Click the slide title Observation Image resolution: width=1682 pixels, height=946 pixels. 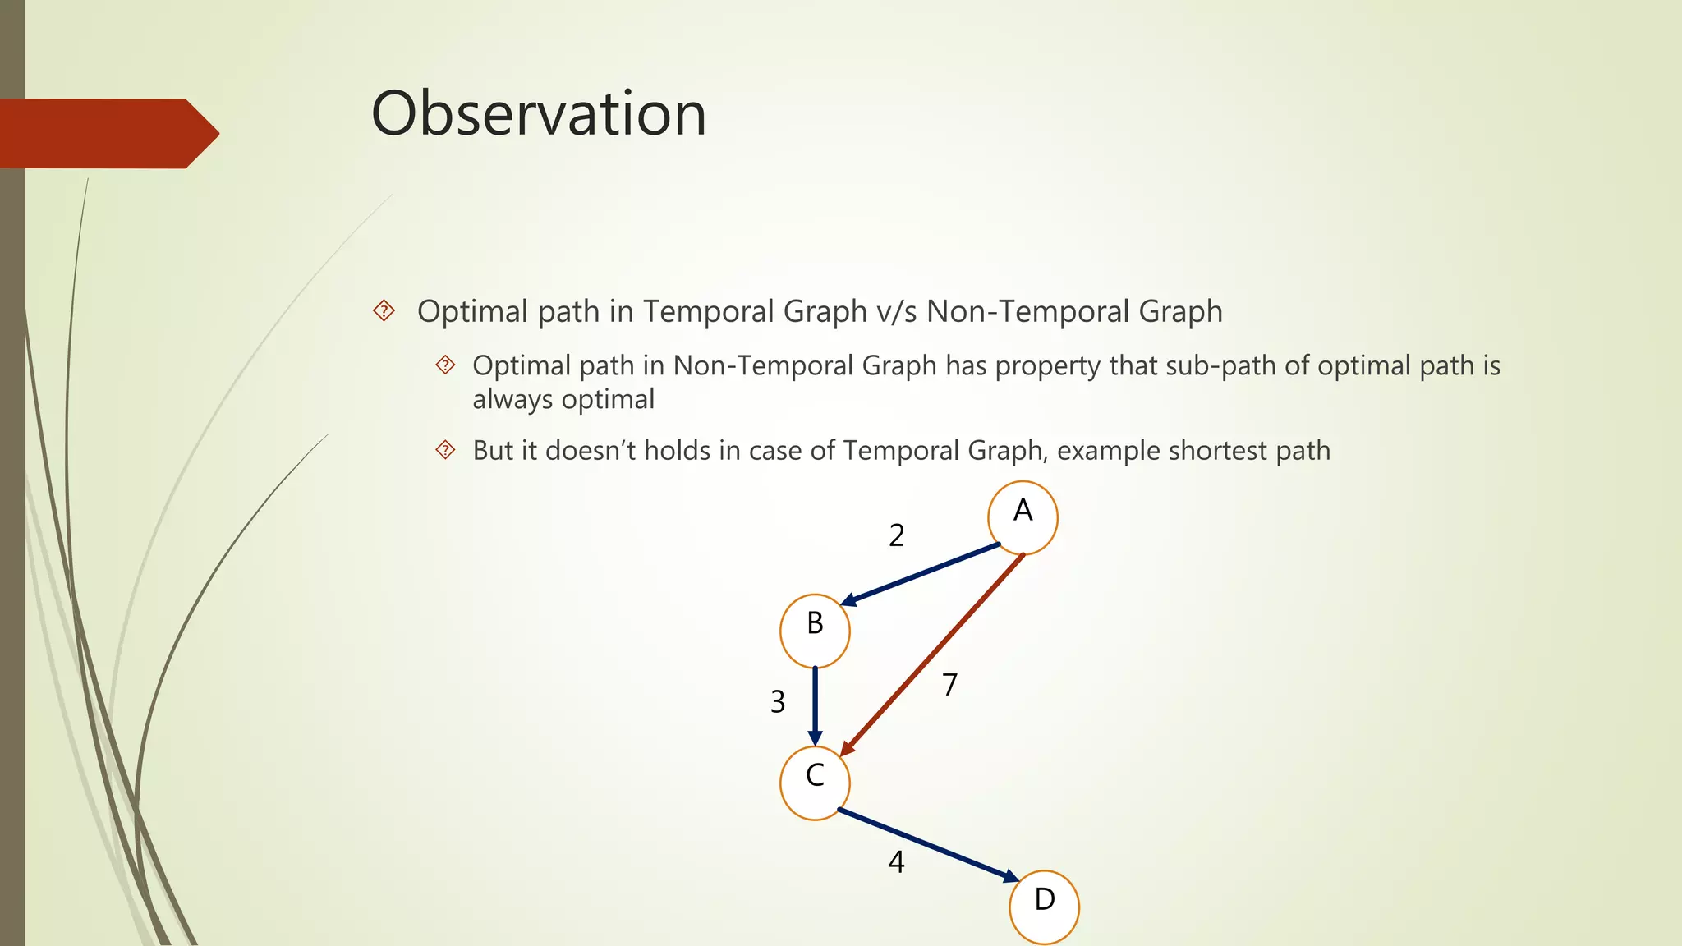click(539, 113)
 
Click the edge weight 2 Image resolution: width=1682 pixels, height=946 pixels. click(897, 535)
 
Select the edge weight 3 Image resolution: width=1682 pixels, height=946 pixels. click(778, 702)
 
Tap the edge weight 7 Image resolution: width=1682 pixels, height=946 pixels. click(950, 684)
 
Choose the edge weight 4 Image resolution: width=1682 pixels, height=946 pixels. click(896, 862)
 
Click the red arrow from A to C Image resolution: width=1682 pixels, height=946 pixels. click(932, 654)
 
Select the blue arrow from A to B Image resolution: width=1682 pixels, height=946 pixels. click(920, 575)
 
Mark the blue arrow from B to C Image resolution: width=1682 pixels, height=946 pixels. click(815, 705)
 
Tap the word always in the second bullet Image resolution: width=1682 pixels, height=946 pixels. click(512, 400)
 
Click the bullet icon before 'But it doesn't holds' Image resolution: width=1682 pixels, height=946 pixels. click(445, 450)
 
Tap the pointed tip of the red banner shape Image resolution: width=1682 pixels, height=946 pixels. click(217, 133)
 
